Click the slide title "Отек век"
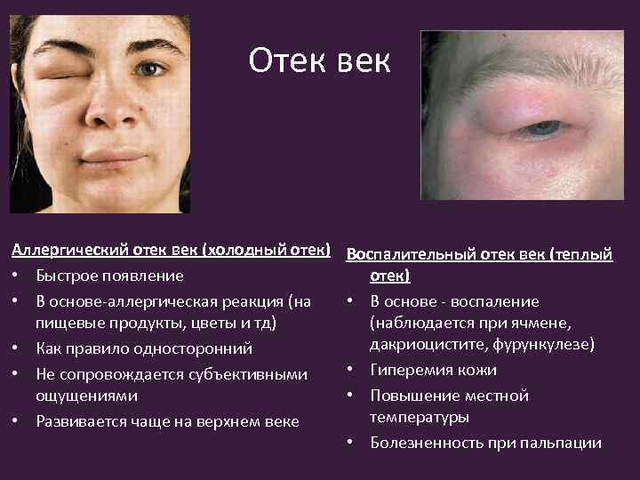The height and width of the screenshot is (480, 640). [x=319, y=61]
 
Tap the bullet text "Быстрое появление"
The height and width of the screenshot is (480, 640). [x=110, y=276]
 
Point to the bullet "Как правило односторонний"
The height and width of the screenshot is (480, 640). [x=144, y=348]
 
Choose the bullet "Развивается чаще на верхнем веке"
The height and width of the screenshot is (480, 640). [x=167, y=420]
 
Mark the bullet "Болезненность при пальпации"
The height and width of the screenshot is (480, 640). [x=485, y=442]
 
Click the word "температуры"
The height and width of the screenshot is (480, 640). [x=420, y=417]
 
